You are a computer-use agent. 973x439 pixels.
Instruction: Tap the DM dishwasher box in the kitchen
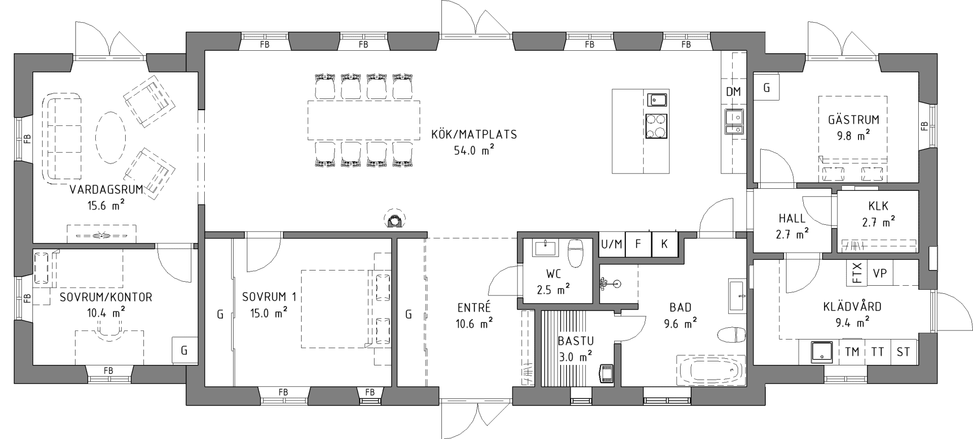733,92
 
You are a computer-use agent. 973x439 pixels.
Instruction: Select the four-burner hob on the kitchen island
656,126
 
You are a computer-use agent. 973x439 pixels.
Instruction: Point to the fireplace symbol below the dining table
393,219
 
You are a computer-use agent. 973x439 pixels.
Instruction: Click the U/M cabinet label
612,244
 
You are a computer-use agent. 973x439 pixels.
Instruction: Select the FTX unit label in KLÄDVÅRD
857,273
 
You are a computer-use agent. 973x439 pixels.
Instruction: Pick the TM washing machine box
852,351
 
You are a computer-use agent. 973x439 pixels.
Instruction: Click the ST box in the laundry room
903,351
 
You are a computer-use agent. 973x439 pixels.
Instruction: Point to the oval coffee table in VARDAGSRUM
110,137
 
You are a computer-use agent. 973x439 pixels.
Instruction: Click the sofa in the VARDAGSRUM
64,137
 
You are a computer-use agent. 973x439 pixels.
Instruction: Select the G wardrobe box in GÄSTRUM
767,88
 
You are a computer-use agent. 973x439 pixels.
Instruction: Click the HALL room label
792,219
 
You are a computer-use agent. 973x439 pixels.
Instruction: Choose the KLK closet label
878,207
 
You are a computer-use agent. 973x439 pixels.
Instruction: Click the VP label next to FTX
880,273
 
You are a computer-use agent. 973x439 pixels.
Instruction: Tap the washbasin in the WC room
545,249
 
